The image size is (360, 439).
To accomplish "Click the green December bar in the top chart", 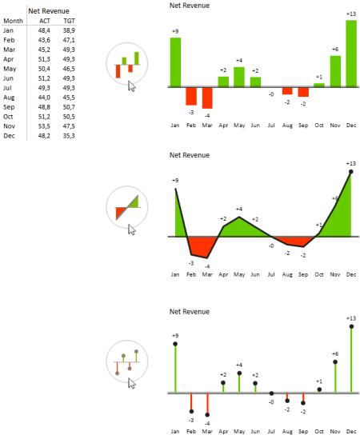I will pyautogui.click(x=350, y=53).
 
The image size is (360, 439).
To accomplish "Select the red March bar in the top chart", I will pyautogui.click(x=207, y=97).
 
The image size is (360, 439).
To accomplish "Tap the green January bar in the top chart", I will pyautogui.click(x=175, y=62).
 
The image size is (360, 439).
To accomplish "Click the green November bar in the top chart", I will pyautogui.click(x=335, y=70).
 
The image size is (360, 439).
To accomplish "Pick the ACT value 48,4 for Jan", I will pyautogui.click(x=45, y=30).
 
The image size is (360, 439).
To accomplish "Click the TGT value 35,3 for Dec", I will pyautogui.click(x=69, y=135).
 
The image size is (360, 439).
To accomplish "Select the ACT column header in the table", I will pyautogui.click(x=45, y=21).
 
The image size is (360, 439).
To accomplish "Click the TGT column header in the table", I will pyautogui.click(x=69, y=21).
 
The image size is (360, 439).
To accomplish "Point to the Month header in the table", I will pyautogui.click(x=13, y=21).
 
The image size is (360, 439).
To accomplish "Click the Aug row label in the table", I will pyautogui.click(x=9, y=97).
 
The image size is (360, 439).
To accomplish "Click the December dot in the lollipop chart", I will pyautogui.click(x=351, y=327).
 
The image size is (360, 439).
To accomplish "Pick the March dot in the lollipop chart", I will pyautogui.click(x=207, y=415).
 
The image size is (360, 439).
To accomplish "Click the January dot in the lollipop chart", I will pyautogui.click(x=175, y=344).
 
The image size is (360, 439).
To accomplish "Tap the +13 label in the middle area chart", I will pyautogui.click(x=351, y=163).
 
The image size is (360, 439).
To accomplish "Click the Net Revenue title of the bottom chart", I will pyautogui.click(x=190, y=311).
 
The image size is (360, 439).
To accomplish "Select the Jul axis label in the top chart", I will pyautogui.click(x=271, y=125).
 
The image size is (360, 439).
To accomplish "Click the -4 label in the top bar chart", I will pyautogui.click(x=207, y=115).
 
